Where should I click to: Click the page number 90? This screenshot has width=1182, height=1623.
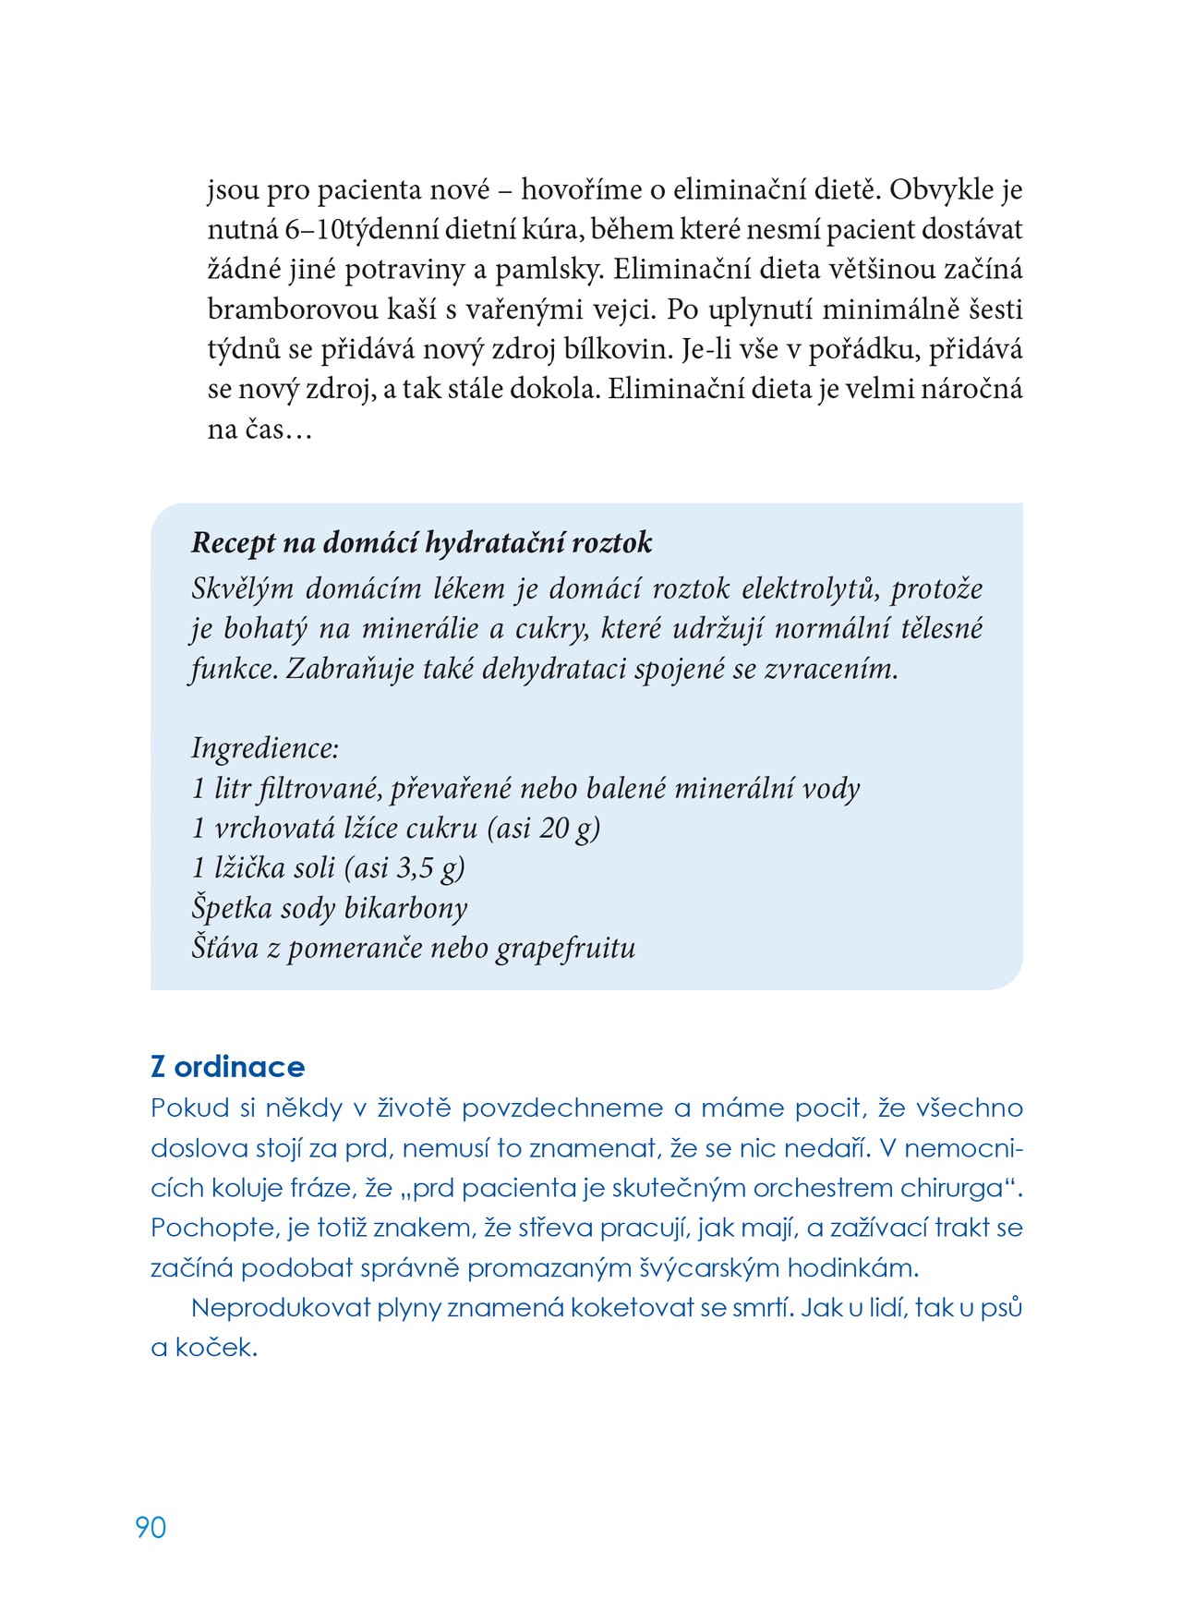(151, 1527)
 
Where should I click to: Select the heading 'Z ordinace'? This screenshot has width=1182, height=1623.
(227, 1067)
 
